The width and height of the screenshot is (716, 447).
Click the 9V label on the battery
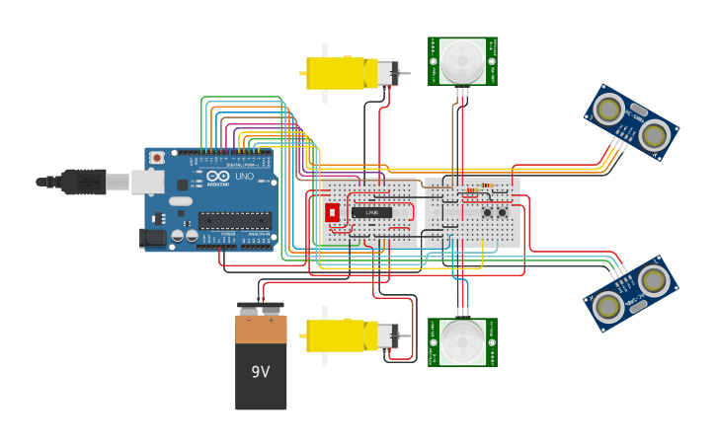pyautogui.click(x=261, y=372)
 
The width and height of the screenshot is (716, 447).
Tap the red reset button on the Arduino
pyautogui.click(x=156, y=158)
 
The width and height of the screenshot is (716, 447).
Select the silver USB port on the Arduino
pyautogui.click(x=147, y=182)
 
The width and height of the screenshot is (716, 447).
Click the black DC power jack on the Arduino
pyautogui.click(x=153, y=237)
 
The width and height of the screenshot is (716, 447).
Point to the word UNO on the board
pyautogui.click(x=244, y=176)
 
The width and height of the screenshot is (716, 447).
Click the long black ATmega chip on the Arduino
pyautogui.click(x=234, y=220)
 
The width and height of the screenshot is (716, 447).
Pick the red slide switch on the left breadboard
pyautogui.click(x=332, y=212)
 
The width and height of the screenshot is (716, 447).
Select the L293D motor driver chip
pyautogui.click(x=371, y=212)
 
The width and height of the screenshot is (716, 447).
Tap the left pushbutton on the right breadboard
pyautogui.click(x=487, y=212)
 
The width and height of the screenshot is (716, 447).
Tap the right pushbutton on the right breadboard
pyautogui.click(x=502, y=212)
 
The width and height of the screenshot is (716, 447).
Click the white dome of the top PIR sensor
pyautogui.click(x=462, y=61)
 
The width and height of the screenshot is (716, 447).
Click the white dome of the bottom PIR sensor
pyautogui.click(x=462, y=341)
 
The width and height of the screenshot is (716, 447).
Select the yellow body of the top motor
pyautogui.click(x=336, y=73)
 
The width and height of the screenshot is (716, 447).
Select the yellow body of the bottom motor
pyautogui.click(x=336, y=335)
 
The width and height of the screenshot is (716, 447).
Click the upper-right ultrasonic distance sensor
pyautogui.click(x=631, y=122)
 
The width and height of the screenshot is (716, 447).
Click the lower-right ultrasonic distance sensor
pyautogui.click(x=631, y=294)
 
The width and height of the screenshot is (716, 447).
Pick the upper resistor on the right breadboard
pyautogui.click(x=482, y=186)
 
